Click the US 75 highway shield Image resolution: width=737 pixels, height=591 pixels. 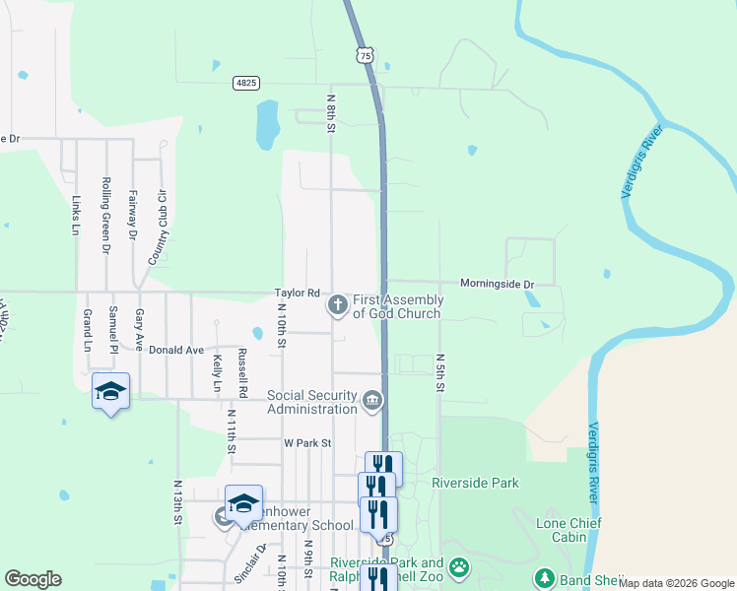[366, 57]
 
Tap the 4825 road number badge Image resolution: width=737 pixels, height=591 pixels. [246, 83]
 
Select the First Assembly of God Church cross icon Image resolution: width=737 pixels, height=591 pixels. [337, 305]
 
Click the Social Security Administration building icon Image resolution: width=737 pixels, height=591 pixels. [372, 401]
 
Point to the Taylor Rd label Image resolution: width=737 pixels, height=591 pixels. [298, 293]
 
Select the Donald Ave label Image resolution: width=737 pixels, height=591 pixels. [176, 350]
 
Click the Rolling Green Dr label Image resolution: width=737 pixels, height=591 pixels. [105, 216]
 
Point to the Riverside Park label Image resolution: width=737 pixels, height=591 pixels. [475, 483]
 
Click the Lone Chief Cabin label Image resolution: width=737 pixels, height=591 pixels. [569, 531]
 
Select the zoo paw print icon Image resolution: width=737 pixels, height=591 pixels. [459, 567]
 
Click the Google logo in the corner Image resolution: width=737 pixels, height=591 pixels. [33, 579]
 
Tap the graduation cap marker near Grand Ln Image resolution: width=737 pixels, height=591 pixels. [110, 391]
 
